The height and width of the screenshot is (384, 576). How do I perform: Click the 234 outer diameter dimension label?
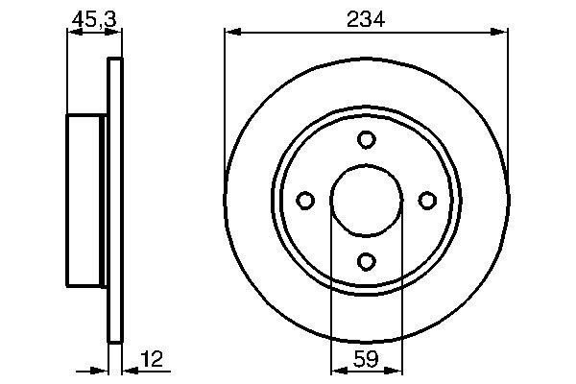pos(366,18)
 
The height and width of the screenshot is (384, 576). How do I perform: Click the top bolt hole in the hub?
pos(366,140)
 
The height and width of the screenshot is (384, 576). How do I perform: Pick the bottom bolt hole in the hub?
pos(366,260)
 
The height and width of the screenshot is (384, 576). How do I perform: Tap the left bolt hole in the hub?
pos(305,200)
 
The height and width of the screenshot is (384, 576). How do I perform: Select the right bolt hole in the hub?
pos(426,200)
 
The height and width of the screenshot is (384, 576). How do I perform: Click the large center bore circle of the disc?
pos(366,200)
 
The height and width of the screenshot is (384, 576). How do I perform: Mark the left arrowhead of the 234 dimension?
pos(231,33)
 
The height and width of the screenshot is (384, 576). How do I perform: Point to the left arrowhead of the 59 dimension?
pos(337,369)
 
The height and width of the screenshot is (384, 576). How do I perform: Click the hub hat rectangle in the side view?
pos(85,200)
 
